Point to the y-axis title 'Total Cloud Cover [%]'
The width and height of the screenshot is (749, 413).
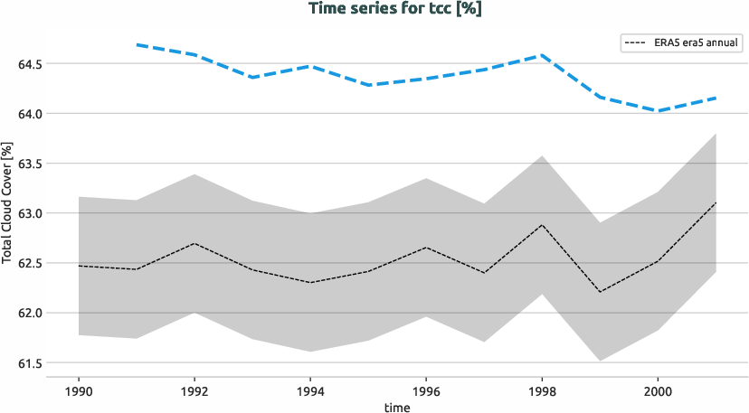[7, 203]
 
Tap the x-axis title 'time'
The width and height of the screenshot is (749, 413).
[396, 408]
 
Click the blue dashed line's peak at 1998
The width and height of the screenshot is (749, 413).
[542, 55]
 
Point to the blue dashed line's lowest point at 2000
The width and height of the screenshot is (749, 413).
[658, 111]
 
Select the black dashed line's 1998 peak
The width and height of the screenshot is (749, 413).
[542, 225]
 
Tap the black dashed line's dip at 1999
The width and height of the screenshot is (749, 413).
[600, 291]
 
